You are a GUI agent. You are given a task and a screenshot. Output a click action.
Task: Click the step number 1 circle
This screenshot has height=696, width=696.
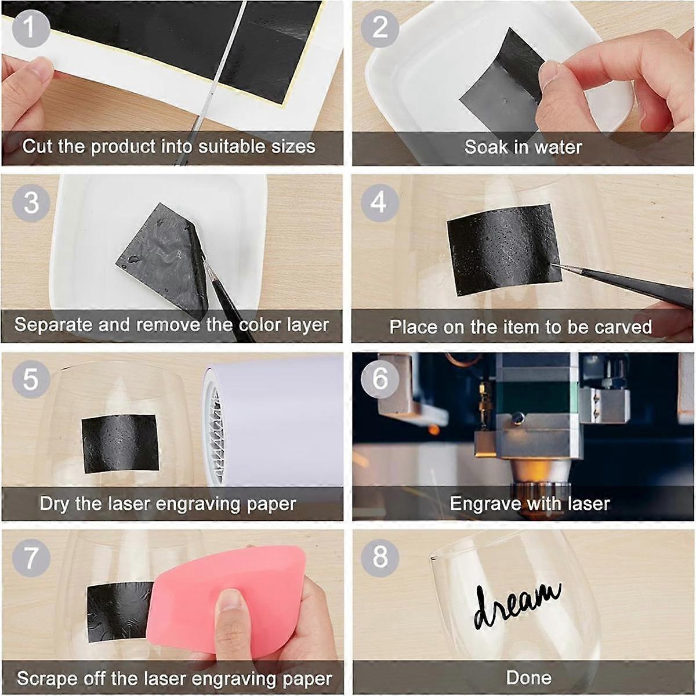pos(31,28)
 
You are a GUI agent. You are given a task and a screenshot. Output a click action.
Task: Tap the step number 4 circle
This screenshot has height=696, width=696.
pos(379,202)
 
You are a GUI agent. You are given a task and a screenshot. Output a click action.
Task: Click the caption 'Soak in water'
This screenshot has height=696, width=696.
pos(523,147)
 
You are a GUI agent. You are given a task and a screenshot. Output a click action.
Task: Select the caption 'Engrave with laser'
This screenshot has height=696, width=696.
pos(530,503)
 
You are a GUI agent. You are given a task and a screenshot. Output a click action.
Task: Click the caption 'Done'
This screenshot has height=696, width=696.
pos(528,677)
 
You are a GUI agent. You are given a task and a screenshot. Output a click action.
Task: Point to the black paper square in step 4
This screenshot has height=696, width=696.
pos(502,249)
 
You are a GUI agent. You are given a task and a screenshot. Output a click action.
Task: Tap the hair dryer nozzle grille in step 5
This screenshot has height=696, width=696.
pos(216,441)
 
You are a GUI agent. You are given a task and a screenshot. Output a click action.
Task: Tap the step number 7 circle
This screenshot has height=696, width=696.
pos(31,557)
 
